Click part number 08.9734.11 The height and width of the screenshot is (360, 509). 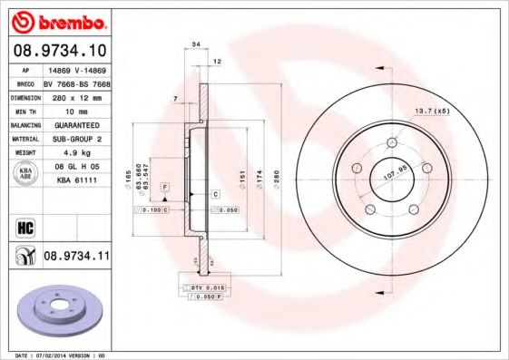pyautogui.click(x=75, y=257)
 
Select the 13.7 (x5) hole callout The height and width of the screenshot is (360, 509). pyautogui.click(x=433, y=112)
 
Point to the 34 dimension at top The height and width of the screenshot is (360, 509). pyautogui.click(x=196, y=43)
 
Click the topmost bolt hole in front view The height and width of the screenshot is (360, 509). pyautogui.click(x=392, y=142)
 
